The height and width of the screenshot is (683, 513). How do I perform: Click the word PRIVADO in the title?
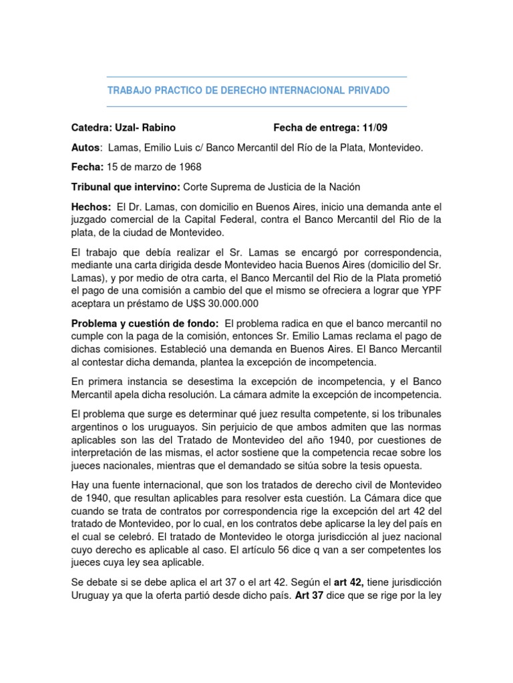point(368,90)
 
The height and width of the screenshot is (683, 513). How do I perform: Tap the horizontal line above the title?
point(256,77)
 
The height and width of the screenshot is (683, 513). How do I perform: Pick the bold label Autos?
point(85,147)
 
